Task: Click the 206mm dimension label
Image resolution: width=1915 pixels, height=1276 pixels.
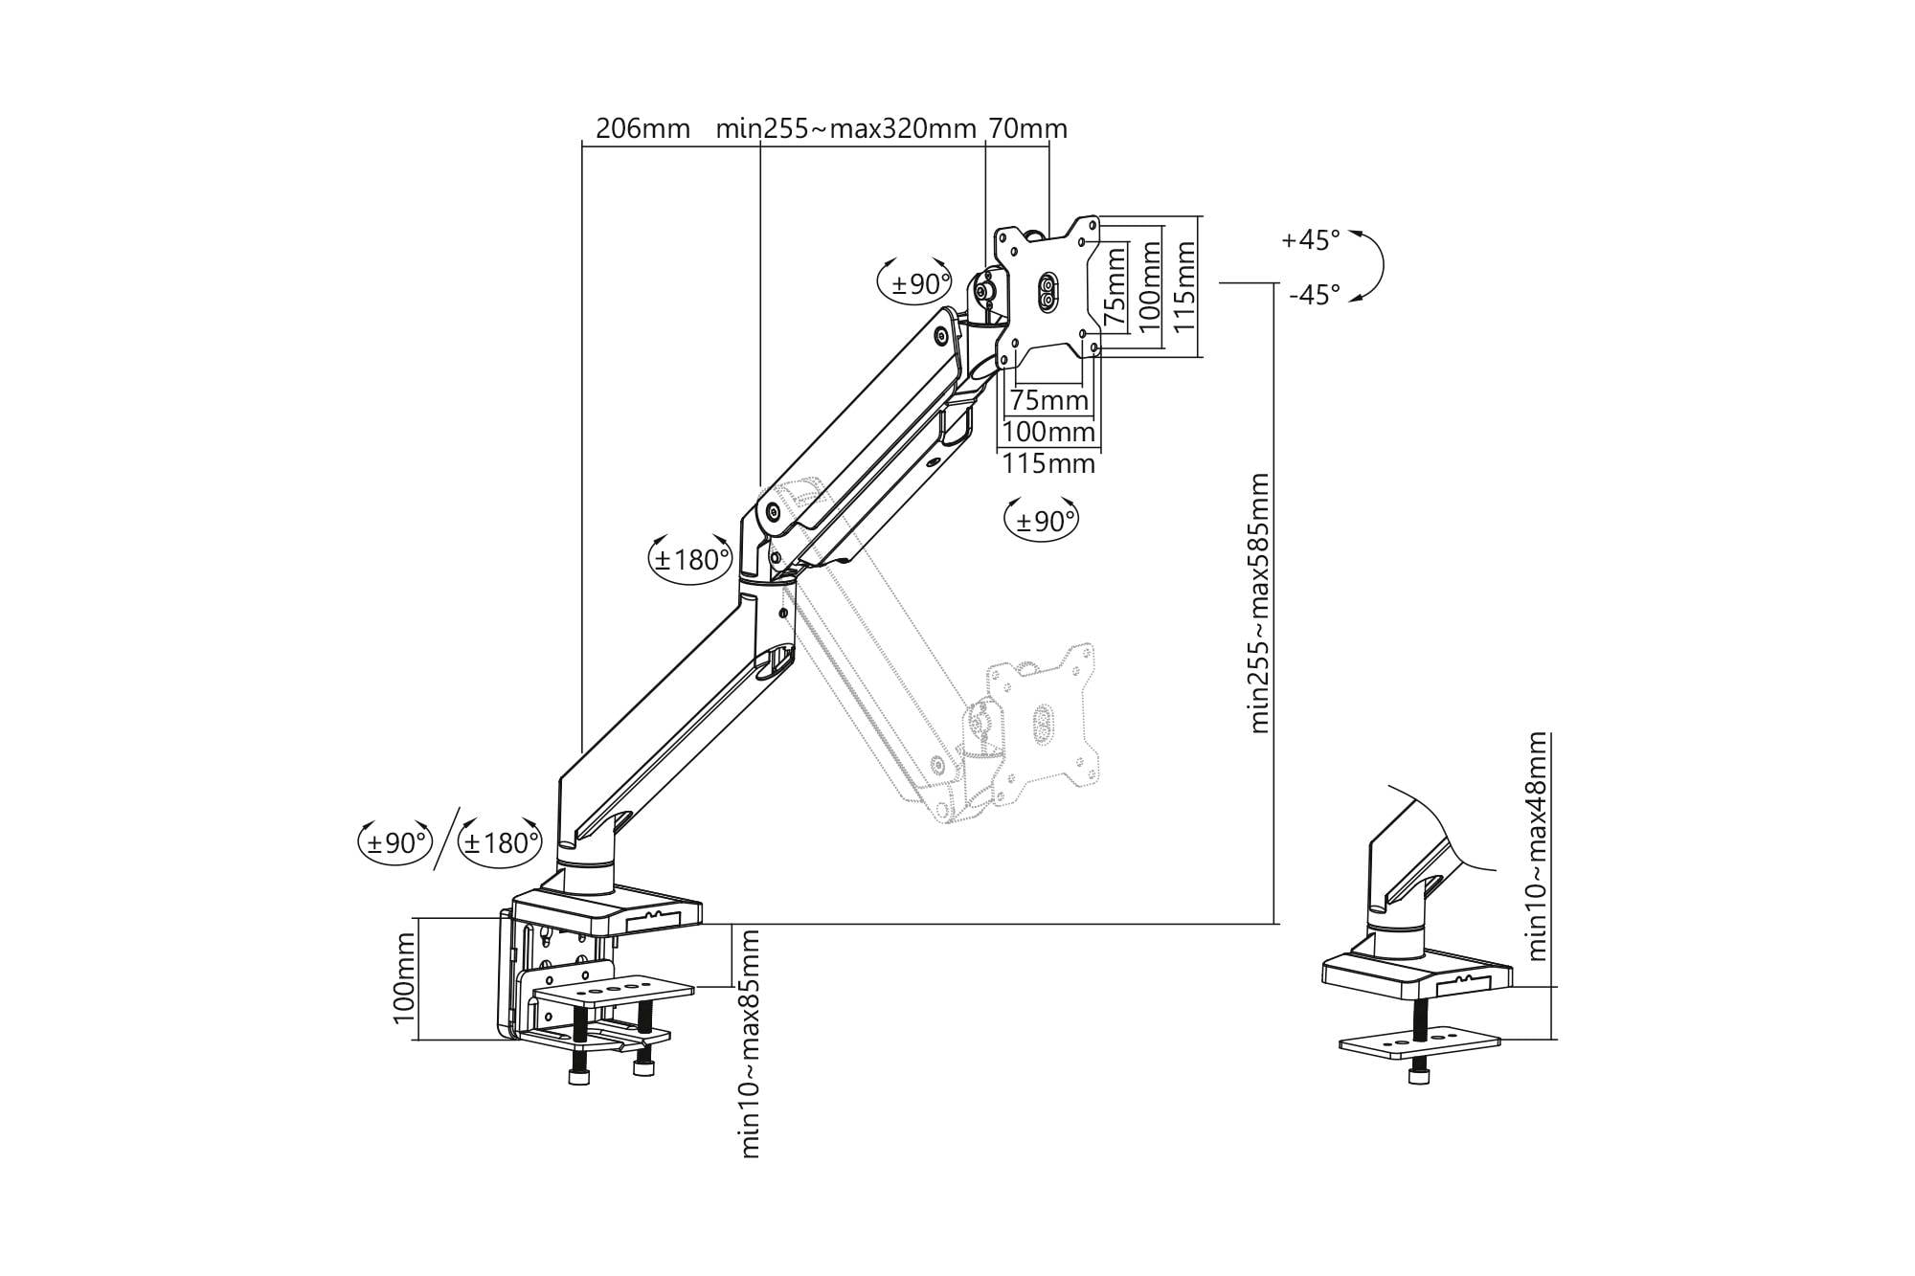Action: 642,128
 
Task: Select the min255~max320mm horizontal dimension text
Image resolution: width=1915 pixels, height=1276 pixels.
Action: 845,128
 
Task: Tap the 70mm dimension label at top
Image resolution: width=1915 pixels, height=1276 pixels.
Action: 1027,128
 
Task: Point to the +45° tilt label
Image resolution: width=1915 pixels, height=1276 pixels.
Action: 1311,239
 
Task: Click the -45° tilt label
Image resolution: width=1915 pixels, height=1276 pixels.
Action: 1314,295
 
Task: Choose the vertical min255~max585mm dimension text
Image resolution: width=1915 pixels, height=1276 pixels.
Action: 1259,603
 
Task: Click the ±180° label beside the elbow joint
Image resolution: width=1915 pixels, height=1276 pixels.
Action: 690,559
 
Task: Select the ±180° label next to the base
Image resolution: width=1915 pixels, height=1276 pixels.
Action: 499,843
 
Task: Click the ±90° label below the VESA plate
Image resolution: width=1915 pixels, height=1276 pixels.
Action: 1042,522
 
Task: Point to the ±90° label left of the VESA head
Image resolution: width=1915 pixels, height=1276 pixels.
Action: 917,284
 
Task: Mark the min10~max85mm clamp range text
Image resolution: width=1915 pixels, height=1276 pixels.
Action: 751,1043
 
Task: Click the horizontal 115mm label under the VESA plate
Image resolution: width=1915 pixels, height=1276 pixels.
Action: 1048,464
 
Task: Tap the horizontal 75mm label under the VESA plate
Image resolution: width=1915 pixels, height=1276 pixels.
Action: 1049,400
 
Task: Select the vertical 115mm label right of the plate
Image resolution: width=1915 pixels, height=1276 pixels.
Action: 1184,285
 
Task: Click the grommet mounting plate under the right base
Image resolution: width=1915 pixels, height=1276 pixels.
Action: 1419,1044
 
